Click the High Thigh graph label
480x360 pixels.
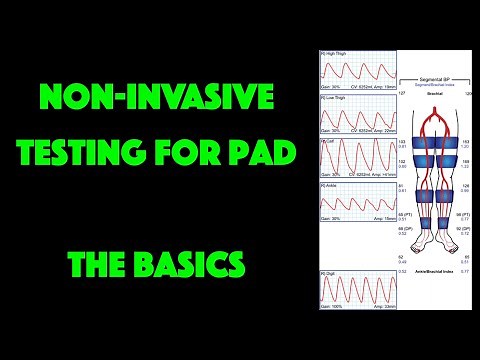pos(332,52)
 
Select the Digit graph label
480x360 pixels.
pos(327,271)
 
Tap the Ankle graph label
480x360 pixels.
pos(328,185)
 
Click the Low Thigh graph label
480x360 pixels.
pos(332,98)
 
